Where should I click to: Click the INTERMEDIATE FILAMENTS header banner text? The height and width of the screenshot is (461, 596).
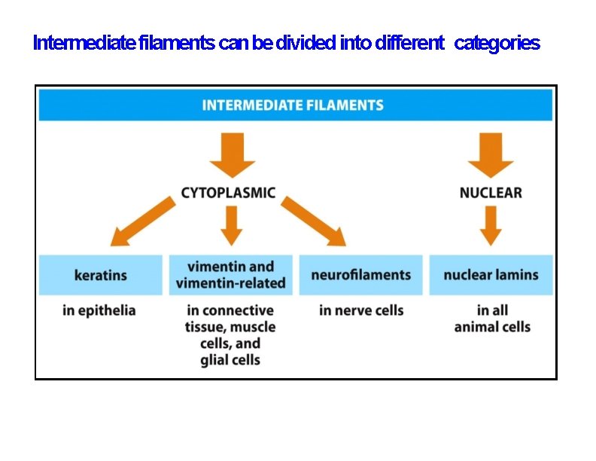click(293, 105)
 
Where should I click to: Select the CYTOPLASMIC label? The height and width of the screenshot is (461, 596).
click(228, 193)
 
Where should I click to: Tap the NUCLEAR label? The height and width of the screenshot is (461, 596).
click(490, 193)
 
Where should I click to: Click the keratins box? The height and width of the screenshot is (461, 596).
click(101, 275)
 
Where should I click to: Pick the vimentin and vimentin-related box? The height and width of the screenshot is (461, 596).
click(231, 275)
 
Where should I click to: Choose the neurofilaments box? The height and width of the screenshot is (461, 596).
click(360, 275)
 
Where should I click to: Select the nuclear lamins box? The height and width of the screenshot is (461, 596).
click(491, 275)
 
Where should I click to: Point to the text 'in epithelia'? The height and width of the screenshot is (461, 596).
click(99, 310)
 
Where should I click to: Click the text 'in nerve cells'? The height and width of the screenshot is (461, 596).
click(361, 310)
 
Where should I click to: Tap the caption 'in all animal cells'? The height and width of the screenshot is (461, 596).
click(492, 319)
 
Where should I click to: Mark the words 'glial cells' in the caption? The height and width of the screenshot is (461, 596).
click(230, 360)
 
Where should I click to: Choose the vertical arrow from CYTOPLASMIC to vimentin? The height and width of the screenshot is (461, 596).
click(232, 224)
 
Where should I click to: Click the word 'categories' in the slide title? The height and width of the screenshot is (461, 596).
click(497, 44)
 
